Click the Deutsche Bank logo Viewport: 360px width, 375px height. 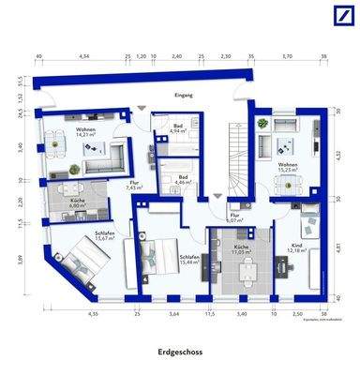tap(337, 19)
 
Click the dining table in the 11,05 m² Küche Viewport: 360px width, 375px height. tap(247, 273)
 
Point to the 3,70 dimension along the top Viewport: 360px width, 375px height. tap(286, 57)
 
